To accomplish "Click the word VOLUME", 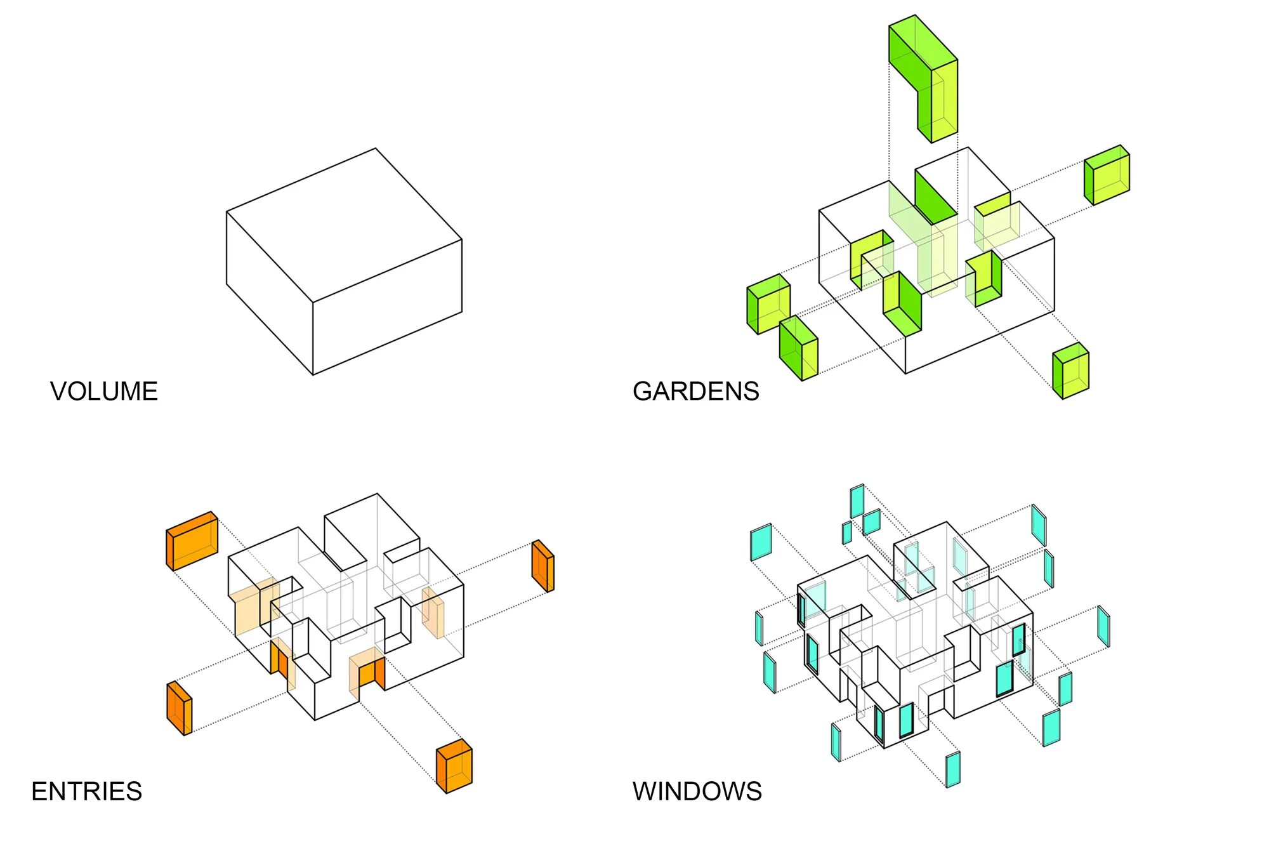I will point(104,392).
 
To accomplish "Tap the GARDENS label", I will point(695,392).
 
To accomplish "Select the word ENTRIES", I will point(87,791).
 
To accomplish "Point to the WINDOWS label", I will point(697,791).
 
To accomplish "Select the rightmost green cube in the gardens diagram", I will point(1107,175).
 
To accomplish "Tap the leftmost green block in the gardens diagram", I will point(768,304).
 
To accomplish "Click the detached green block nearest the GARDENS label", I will point(799,348).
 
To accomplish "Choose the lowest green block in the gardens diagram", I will point(1071,371).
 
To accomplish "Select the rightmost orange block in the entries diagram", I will point(543,565).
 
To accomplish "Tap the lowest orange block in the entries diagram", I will point(454,767).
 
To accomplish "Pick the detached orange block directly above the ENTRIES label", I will point(179,708).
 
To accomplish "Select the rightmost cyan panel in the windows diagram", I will point(1104,626).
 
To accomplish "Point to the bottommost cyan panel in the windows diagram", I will point(953,769).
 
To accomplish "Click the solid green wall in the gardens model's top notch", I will point(935,197).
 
